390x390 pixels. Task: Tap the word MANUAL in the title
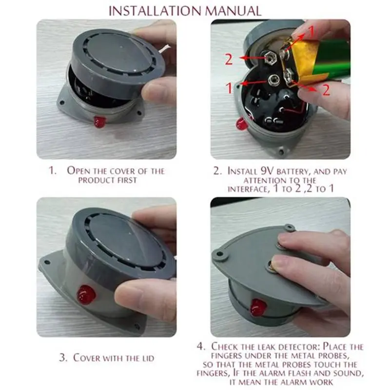tap(233, 10)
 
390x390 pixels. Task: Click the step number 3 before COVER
tap(62, 358)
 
